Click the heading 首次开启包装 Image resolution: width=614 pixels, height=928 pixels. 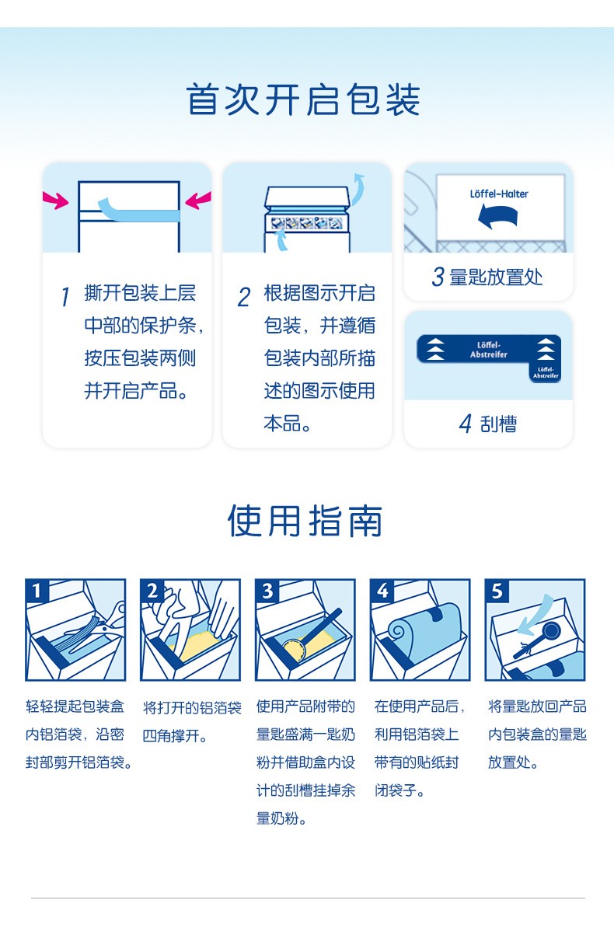303,99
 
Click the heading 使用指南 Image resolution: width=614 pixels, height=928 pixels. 305,521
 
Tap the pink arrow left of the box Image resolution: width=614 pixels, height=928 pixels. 55,201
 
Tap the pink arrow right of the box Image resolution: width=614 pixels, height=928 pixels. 198,201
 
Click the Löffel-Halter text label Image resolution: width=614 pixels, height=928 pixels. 499,194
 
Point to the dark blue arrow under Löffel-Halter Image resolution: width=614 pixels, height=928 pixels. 498,217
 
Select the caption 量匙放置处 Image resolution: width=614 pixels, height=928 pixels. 496,277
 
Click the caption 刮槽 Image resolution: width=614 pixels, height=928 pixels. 498,424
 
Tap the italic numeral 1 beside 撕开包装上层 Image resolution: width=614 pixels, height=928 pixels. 65,297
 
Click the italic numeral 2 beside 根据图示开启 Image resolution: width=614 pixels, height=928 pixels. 244,297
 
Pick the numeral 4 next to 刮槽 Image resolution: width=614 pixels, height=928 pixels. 466,424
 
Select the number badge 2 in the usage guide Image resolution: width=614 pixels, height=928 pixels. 152,591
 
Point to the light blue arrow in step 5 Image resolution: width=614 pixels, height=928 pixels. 536,616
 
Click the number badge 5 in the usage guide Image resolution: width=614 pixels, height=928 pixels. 497,591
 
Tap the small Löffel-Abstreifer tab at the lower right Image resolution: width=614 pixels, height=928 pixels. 546,372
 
